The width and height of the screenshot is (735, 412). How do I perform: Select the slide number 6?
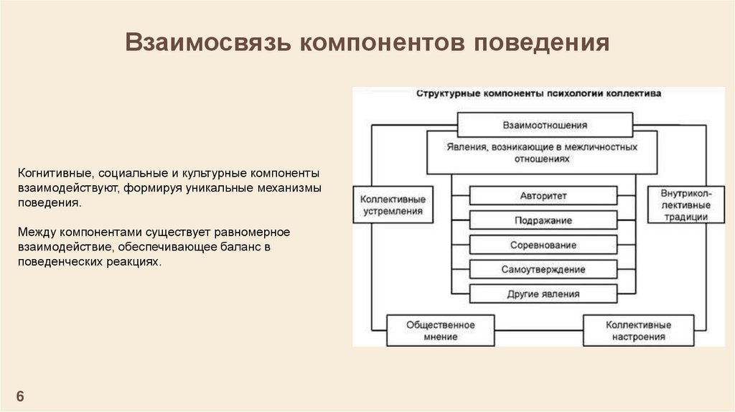[x=20, y=397]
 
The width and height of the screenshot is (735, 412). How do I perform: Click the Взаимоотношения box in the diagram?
[x=545, y=124]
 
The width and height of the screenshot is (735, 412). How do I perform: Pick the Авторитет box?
[x=543, y=196]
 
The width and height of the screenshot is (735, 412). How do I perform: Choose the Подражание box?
[x=543, y=220]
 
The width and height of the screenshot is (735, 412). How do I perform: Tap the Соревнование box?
[x=543, y=245]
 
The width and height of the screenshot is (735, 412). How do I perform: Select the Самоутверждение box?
[x=543, y=269]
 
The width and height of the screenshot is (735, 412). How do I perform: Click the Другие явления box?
[x=543, y=294]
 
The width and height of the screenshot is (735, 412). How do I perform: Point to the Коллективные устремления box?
[x=393, y=205]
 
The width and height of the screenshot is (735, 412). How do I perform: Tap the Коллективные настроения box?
[x=638, y=330]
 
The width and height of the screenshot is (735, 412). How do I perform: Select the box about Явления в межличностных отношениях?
[x=542, y=153]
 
